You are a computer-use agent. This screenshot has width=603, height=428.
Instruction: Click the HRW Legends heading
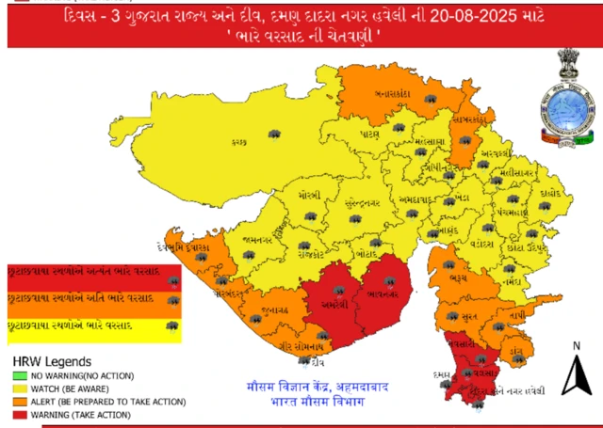pyautogui.click(x=51, y=361)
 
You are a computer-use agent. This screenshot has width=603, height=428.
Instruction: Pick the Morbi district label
pyautogui.click(x=311, y=196)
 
